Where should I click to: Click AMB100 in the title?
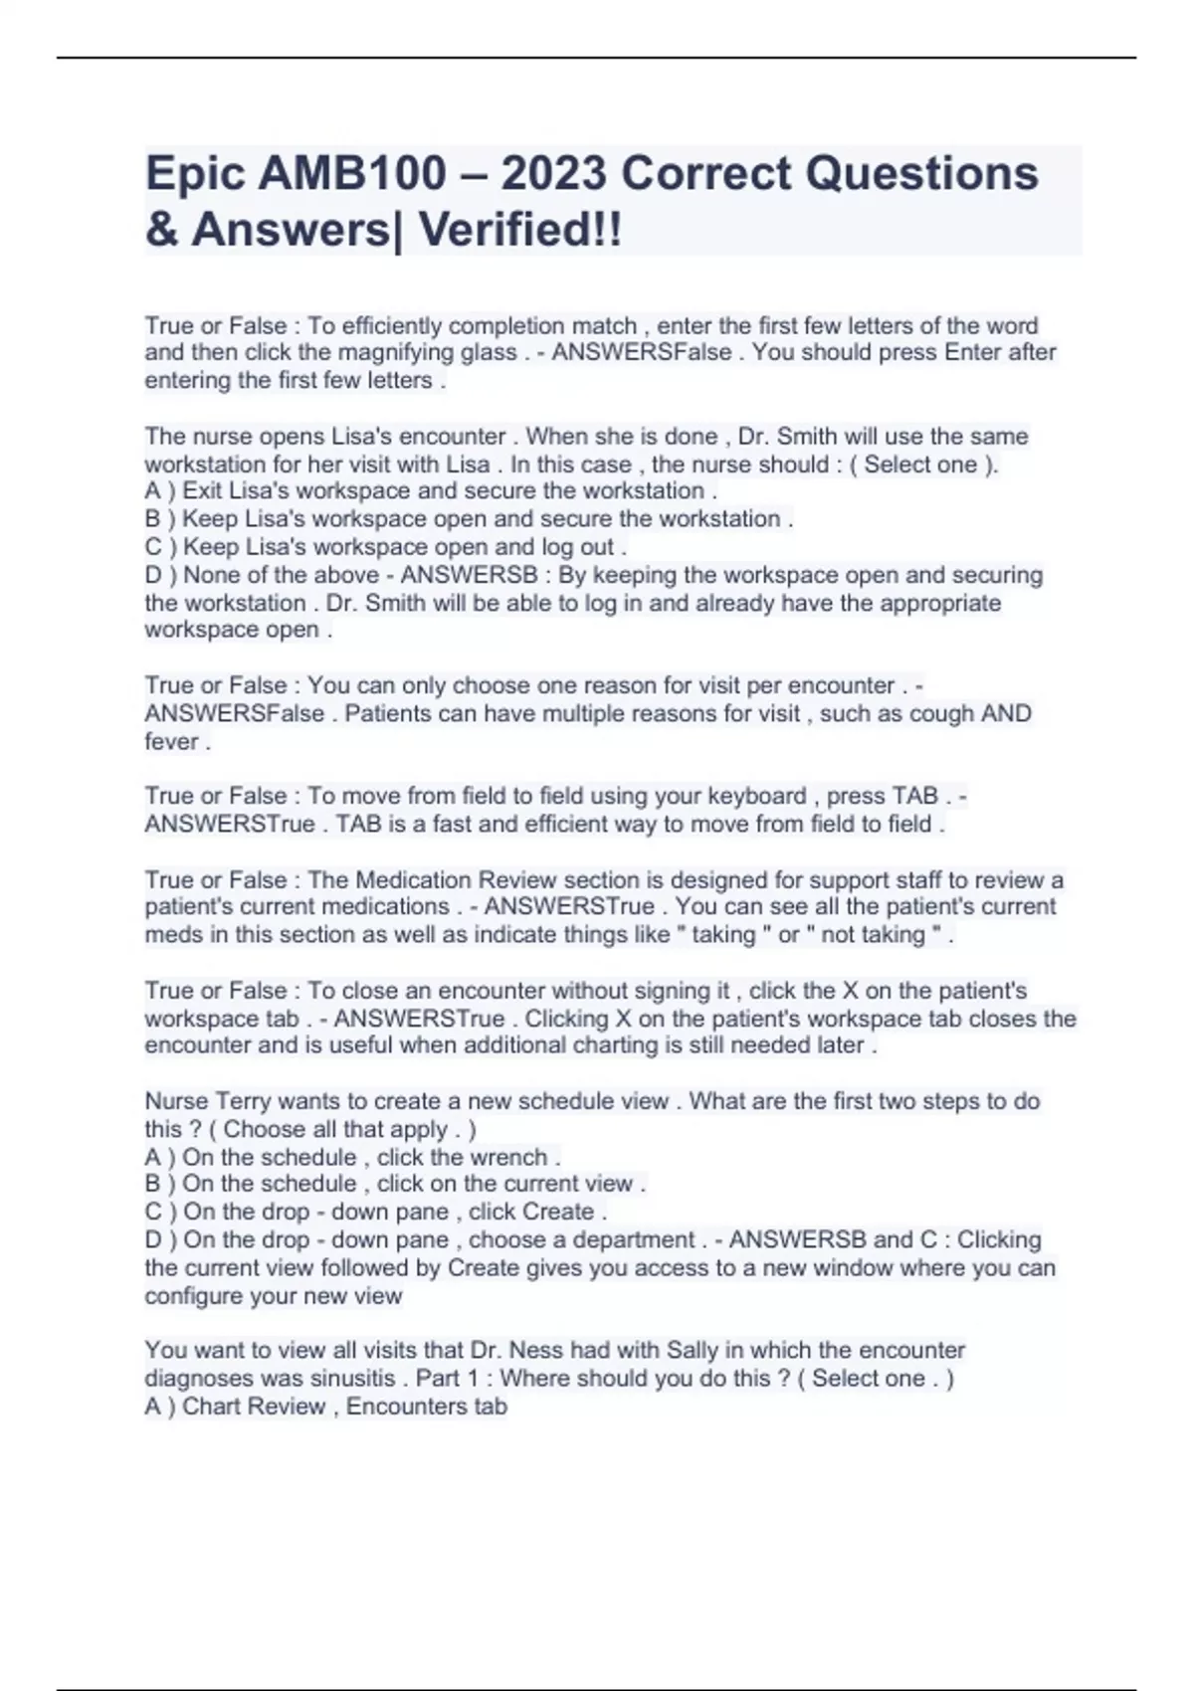(x=352, y=173)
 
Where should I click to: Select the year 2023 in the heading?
(x=553, y=173)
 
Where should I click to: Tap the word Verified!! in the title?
(x=520, y=230)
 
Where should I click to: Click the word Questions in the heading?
(x=921, y=173)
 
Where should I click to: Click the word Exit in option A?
(x=203, y=490)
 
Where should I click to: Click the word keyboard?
(x=756, y=796)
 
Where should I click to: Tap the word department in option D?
(x=633, y=1239)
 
